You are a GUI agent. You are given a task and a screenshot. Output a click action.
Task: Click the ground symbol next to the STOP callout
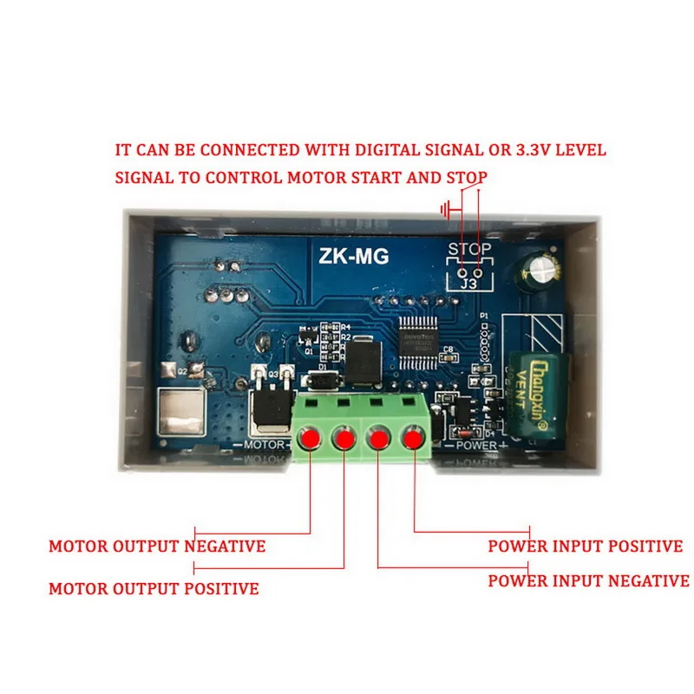click(x=446, y=209)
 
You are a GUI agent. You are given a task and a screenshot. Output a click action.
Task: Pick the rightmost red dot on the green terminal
click(x=413, y=439)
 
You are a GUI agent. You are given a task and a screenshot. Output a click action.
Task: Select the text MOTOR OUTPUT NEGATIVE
click(x=157, y=547)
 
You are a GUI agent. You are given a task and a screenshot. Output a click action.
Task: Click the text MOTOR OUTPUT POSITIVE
click(x=154, y=589)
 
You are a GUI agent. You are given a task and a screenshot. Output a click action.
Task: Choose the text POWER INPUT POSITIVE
click(x=586, y=547)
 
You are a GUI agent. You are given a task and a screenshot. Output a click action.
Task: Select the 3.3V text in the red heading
click(x=528, y=150)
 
